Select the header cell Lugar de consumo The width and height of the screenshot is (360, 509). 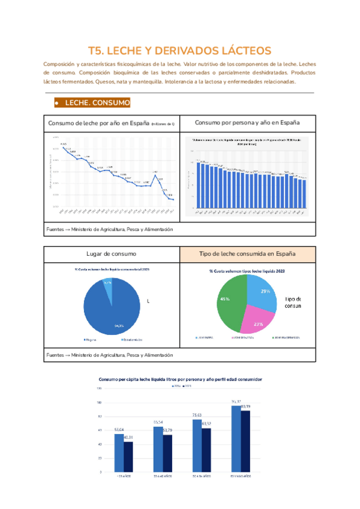[x=112, y=254]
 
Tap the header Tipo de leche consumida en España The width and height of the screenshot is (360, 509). [x=247, y=254]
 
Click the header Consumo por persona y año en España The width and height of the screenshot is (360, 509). [x=247, y=122]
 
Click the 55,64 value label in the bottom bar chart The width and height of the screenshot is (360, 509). [x=119, y=430]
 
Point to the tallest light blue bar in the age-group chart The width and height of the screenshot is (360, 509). [x=236, y=438]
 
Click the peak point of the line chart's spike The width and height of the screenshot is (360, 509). [x=155, y=175]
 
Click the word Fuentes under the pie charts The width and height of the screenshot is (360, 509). [x=55, y=355]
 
